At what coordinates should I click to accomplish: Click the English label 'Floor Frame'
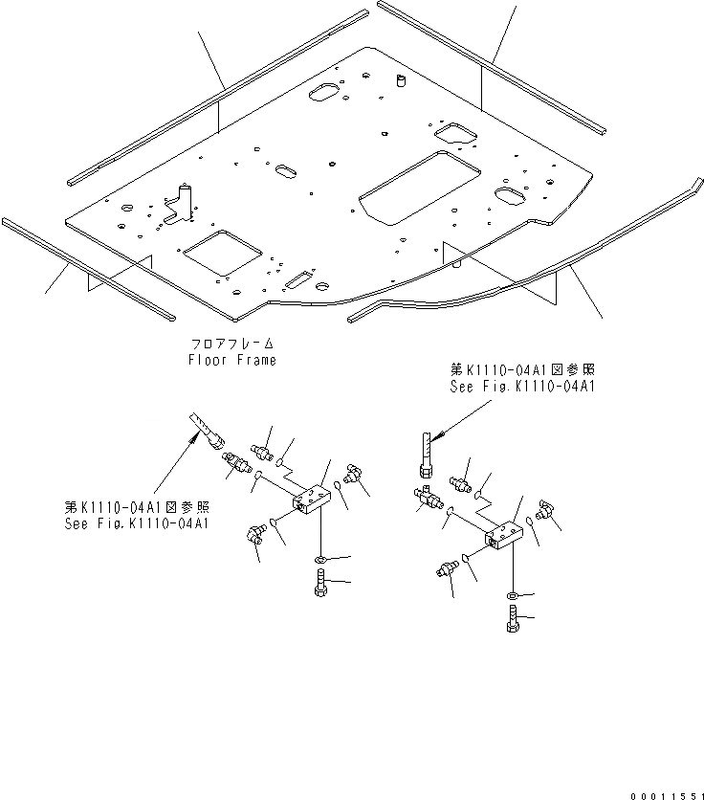[x=231, y=361]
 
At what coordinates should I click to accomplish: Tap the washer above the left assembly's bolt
[x=319, y=559]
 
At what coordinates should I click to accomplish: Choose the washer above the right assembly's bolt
[x=513, y=595]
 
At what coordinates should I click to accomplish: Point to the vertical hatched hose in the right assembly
[x=424, y=451]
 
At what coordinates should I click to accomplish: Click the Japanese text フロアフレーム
[x=231, y=344]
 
